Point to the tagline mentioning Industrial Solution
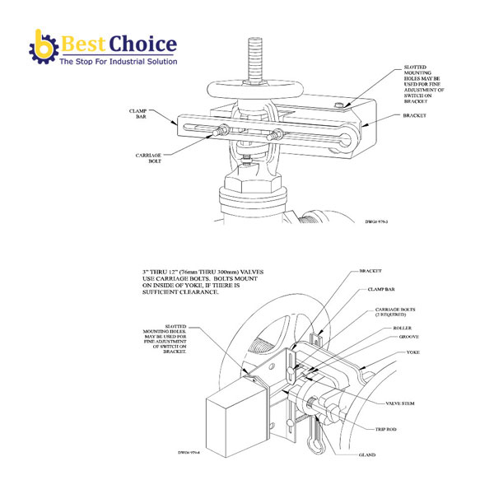tap(118, 63)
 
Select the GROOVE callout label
tap(384, 337)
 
